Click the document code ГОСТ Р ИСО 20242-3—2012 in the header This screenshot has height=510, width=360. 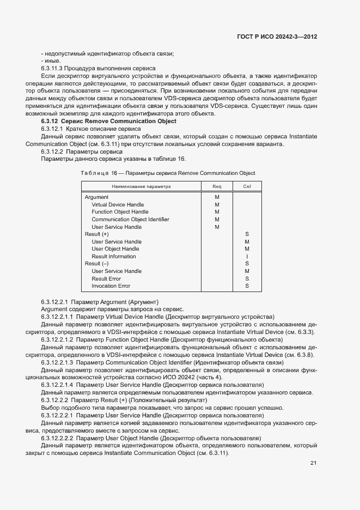click(x=277, y=37)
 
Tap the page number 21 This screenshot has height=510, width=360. click(x=313, y=463)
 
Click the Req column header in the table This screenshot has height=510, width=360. click(x=217, y=186)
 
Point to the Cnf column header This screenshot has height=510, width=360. click(x=247, y=186)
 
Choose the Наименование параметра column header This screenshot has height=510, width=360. click(x=141, y=186)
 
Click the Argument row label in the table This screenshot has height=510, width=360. click(x=96, y=197)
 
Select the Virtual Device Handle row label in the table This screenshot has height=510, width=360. click(x=118, y=205)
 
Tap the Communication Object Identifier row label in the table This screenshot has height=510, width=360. click(x=130, y=220)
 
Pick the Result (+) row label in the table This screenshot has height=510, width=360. click(x=96, y=234)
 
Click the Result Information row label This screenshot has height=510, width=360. click(x=114, y=257)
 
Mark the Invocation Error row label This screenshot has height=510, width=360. click(x=111, y=286)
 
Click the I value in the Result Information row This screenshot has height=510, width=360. click(x=247, y=257)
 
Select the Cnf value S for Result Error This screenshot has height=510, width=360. click(x=247, y=278)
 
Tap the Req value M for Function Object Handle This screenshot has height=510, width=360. click(x=217, y=212)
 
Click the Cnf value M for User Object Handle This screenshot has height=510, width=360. click(x=247, y=249)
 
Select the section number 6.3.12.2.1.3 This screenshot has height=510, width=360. click(x=57, y=362)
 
